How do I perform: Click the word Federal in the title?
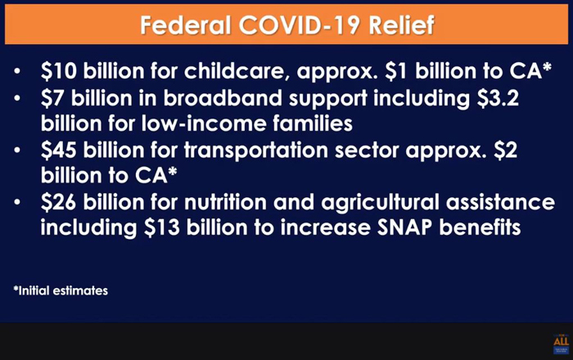click(x=186, y=25)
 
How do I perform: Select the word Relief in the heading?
click(x=401, y=25)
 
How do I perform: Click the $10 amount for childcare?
click(x=59, y=71)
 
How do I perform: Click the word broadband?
click(x=223, y=98)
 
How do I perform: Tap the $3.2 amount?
click(x=498, y=98)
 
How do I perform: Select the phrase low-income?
click(x=204, y=124)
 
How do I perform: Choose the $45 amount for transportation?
click(x=59, y=150)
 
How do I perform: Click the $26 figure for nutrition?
click(x=58, y=202)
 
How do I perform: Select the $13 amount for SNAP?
click(x=161, y=227)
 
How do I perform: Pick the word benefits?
click(x=480, y=227)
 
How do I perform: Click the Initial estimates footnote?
click(x=61, y=290)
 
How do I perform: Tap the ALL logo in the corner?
click(x=561, y=343)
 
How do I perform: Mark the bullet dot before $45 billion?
click(x=17, y=150)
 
